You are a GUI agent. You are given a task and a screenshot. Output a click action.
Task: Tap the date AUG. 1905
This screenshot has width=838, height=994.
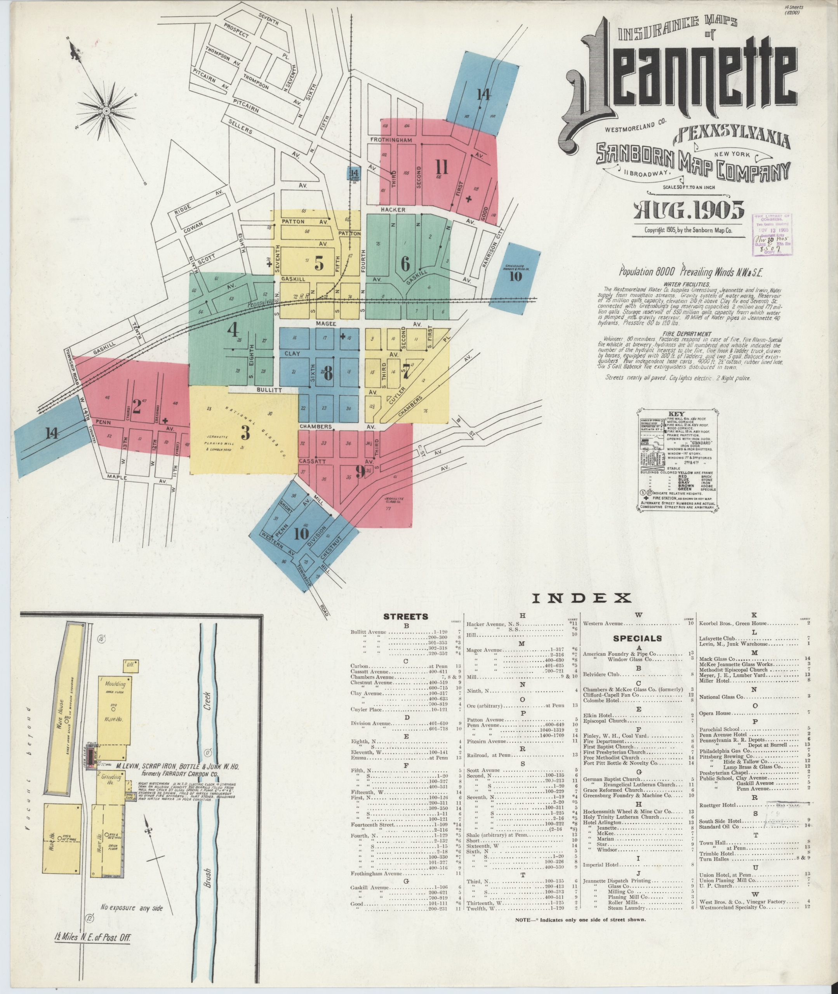[x=687, y=210]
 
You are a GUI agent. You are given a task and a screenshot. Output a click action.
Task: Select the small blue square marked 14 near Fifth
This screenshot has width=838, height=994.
[x=353, y=173]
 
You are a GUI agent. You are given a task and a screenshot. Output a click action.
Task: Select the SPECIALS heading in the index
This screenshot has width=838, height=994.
[x=637, y=638]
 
